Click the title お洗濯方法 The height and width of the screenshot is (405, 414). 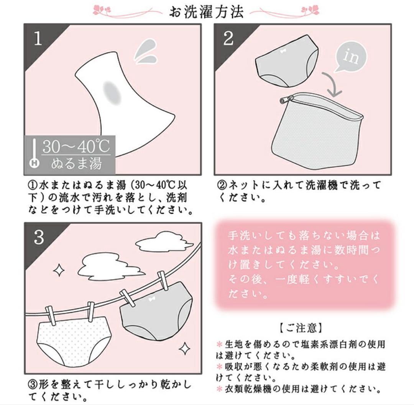[x=206, y=12]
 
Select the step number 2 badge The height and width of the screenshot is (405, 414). [x=228, y=39]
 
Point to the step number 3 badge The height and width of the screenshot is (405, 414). [x=39, y=237]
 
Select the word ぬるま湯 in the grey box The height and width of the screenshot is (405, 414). [x=77, y=164]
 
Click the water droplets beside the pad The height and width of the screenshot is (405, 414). [x=146, y=52]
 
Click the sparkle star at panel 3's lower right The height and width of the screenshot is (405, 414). [x=184, y=348]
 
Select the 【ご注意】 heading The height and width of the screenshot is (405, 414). [x=301, y=328]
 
